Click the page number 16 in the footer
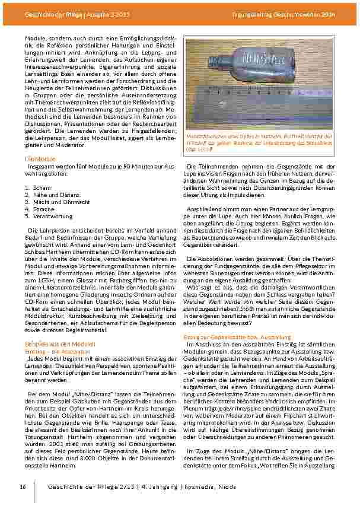click(23, 486)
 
